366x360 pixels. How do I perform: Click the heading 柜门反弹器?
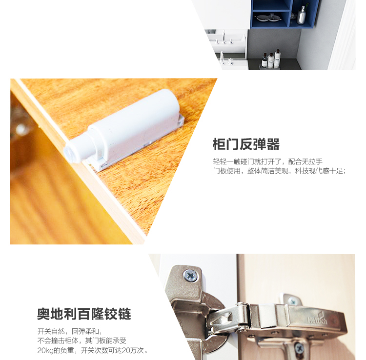coord(246,144)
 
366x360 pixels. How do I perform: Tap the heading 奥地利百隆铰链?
coord(84,314)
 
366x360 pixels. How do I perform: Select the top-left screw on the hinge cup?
coord(191,276)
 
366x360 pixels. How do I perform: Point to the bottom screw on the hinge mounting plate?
coord(299,349)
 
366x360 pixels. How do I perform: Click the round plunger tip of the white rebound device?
coord(69,153)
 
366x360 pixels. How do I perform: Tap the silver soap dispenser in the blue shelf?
coord(302,16)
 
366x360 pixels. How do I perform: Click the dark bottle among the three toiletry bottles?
coord(264,60)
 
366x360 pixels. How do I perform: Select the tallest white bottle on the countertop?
coord(277,59)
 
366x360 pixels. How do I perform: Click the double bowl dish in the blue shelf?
coord(268,18)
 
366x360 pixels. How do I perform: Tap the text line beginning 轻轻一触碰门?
coord(267,161)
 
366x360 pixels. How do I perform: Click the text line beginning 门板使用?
coord(279,171)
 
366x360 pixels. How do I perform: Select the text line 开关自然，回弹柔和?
coord(70,331)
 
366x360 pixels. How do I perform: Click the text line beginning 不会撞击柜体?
coord(81,341)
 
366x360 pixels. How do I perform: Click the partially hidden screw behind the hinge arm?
coord(292,300)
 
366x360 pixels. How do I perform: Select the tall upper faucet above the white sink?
coord(224,37)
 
